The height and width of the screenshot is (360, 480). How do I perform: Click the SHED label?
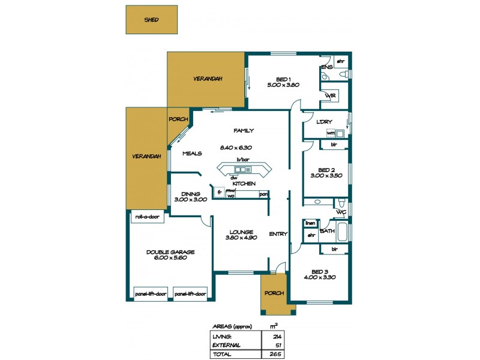(x=151, y=20)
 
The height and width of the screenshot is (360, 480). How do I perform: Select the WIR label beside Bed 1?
(x=329, y=96)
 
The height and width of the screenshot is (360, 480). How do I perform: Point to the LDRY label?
(x=324, y=122)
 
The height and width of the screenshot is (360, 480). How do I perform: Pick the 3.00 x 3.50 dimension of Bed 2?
(x=326, y=176)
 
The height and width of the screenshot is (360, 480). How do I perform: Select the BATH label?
(x=327, y=230)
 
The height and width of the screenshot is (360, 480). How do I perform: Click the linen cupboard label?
(x=310, y=223)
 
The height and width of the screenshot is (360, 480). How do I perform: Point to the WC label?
(x=340, y=212)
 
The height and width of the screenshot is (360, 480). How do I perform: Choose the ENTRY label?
(x=278, y=234)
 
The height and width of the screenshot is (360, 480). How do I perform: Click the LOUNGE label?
(x=241, y=232)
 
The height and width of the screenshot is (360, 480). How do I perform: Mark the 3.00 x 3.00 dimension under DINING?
(x=190, y=199)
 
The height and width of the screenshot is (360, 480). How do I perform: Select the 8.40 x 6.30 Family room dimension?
(x=236, y=147)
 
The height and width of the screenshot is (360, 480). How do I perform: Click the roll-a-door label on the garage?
(x=146, y=217)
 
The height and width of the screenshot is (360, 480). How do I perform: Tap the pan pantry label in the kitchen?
(x=263, y=194)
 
